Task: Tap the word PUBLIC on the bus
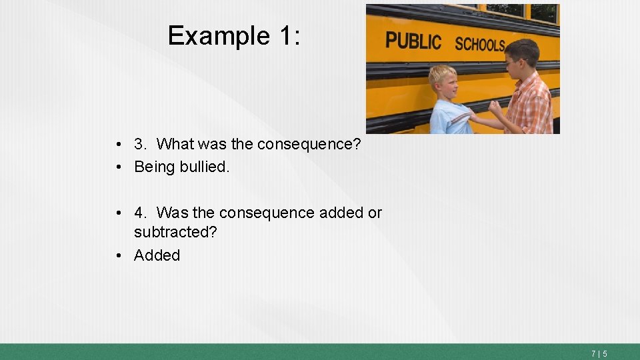point(413,41)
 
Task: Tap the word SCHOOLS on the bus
point(480,45)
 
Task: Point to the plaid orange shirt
point(530,107)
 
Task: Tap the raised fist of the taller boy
point(495,109)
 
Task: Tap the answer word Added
point(157,255)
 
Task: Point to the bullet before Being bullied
point(117,167)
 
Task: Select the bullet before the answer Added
point(117,256)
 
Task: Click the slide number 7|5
point(599,353)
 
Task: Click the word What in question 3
point(175,144)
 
